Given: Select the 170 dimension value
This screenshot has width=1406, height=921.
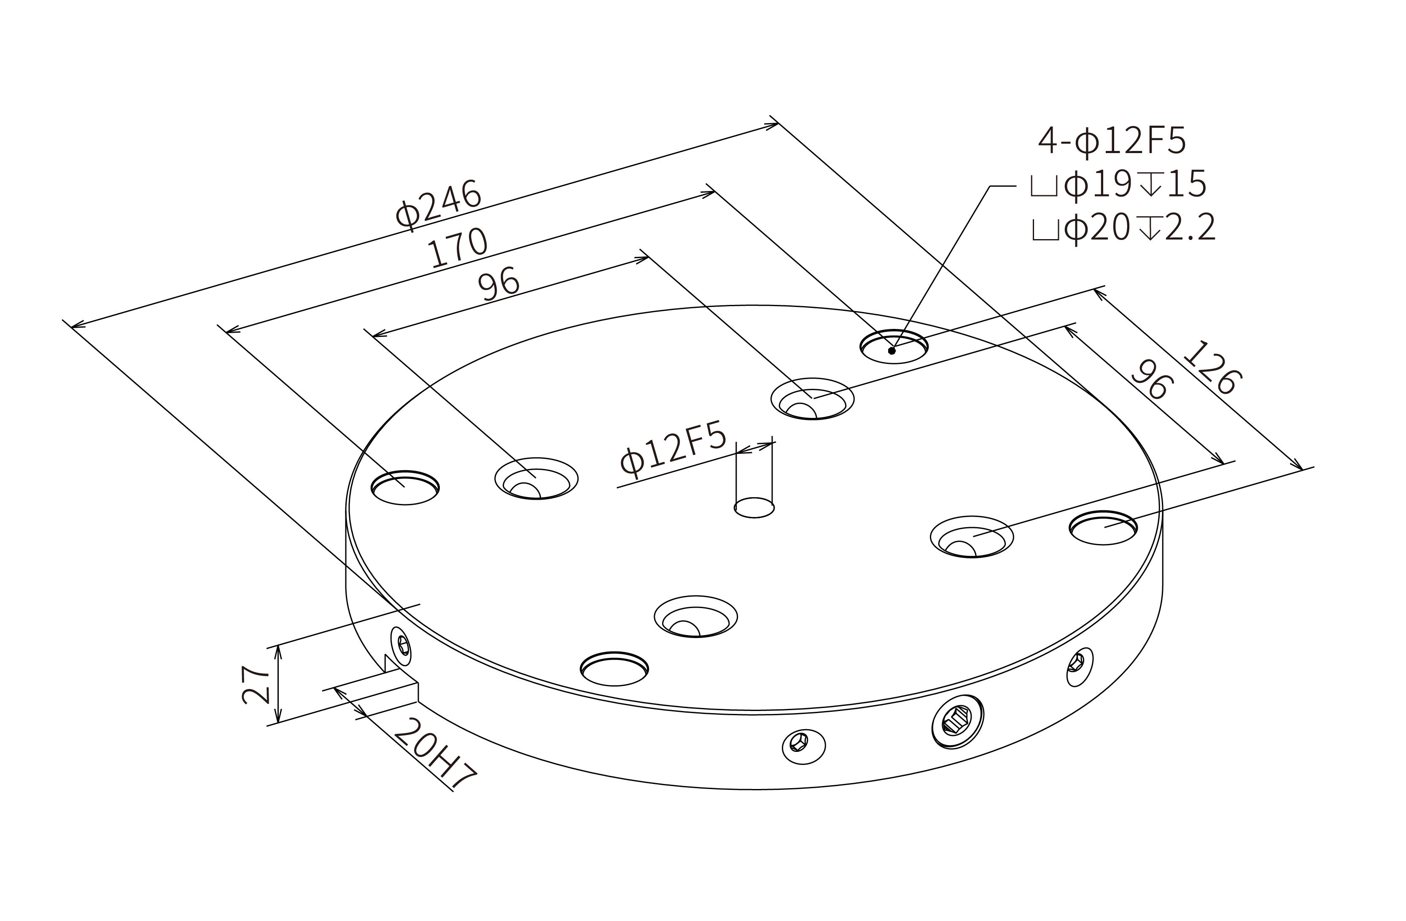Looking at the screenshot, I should click(x=458, y=247).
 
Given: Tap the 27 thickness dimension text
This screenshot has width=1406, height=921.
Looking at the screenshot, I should click(x=256, y=685).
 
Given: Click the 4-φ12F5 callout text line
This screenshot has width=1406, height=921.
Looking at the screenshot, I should click(x=1112, y=142).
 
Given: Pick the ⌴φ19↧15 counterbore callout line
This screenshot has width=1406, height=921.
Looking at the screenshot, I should click(x=1118, y=185).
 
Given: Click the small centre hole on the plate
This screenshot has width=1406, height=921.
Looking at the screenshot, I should click(x=754, y=507).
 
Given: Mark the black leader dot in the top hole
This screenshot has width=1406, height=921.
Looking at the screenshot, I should click(x=892, y=351).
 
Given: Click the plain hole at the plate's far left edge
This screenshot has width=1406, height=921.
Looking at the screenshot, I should click(x=405, y=488).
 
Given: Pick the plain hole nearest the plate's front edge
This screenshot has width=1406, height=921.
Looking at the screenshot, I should click(x=614, y=669).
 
